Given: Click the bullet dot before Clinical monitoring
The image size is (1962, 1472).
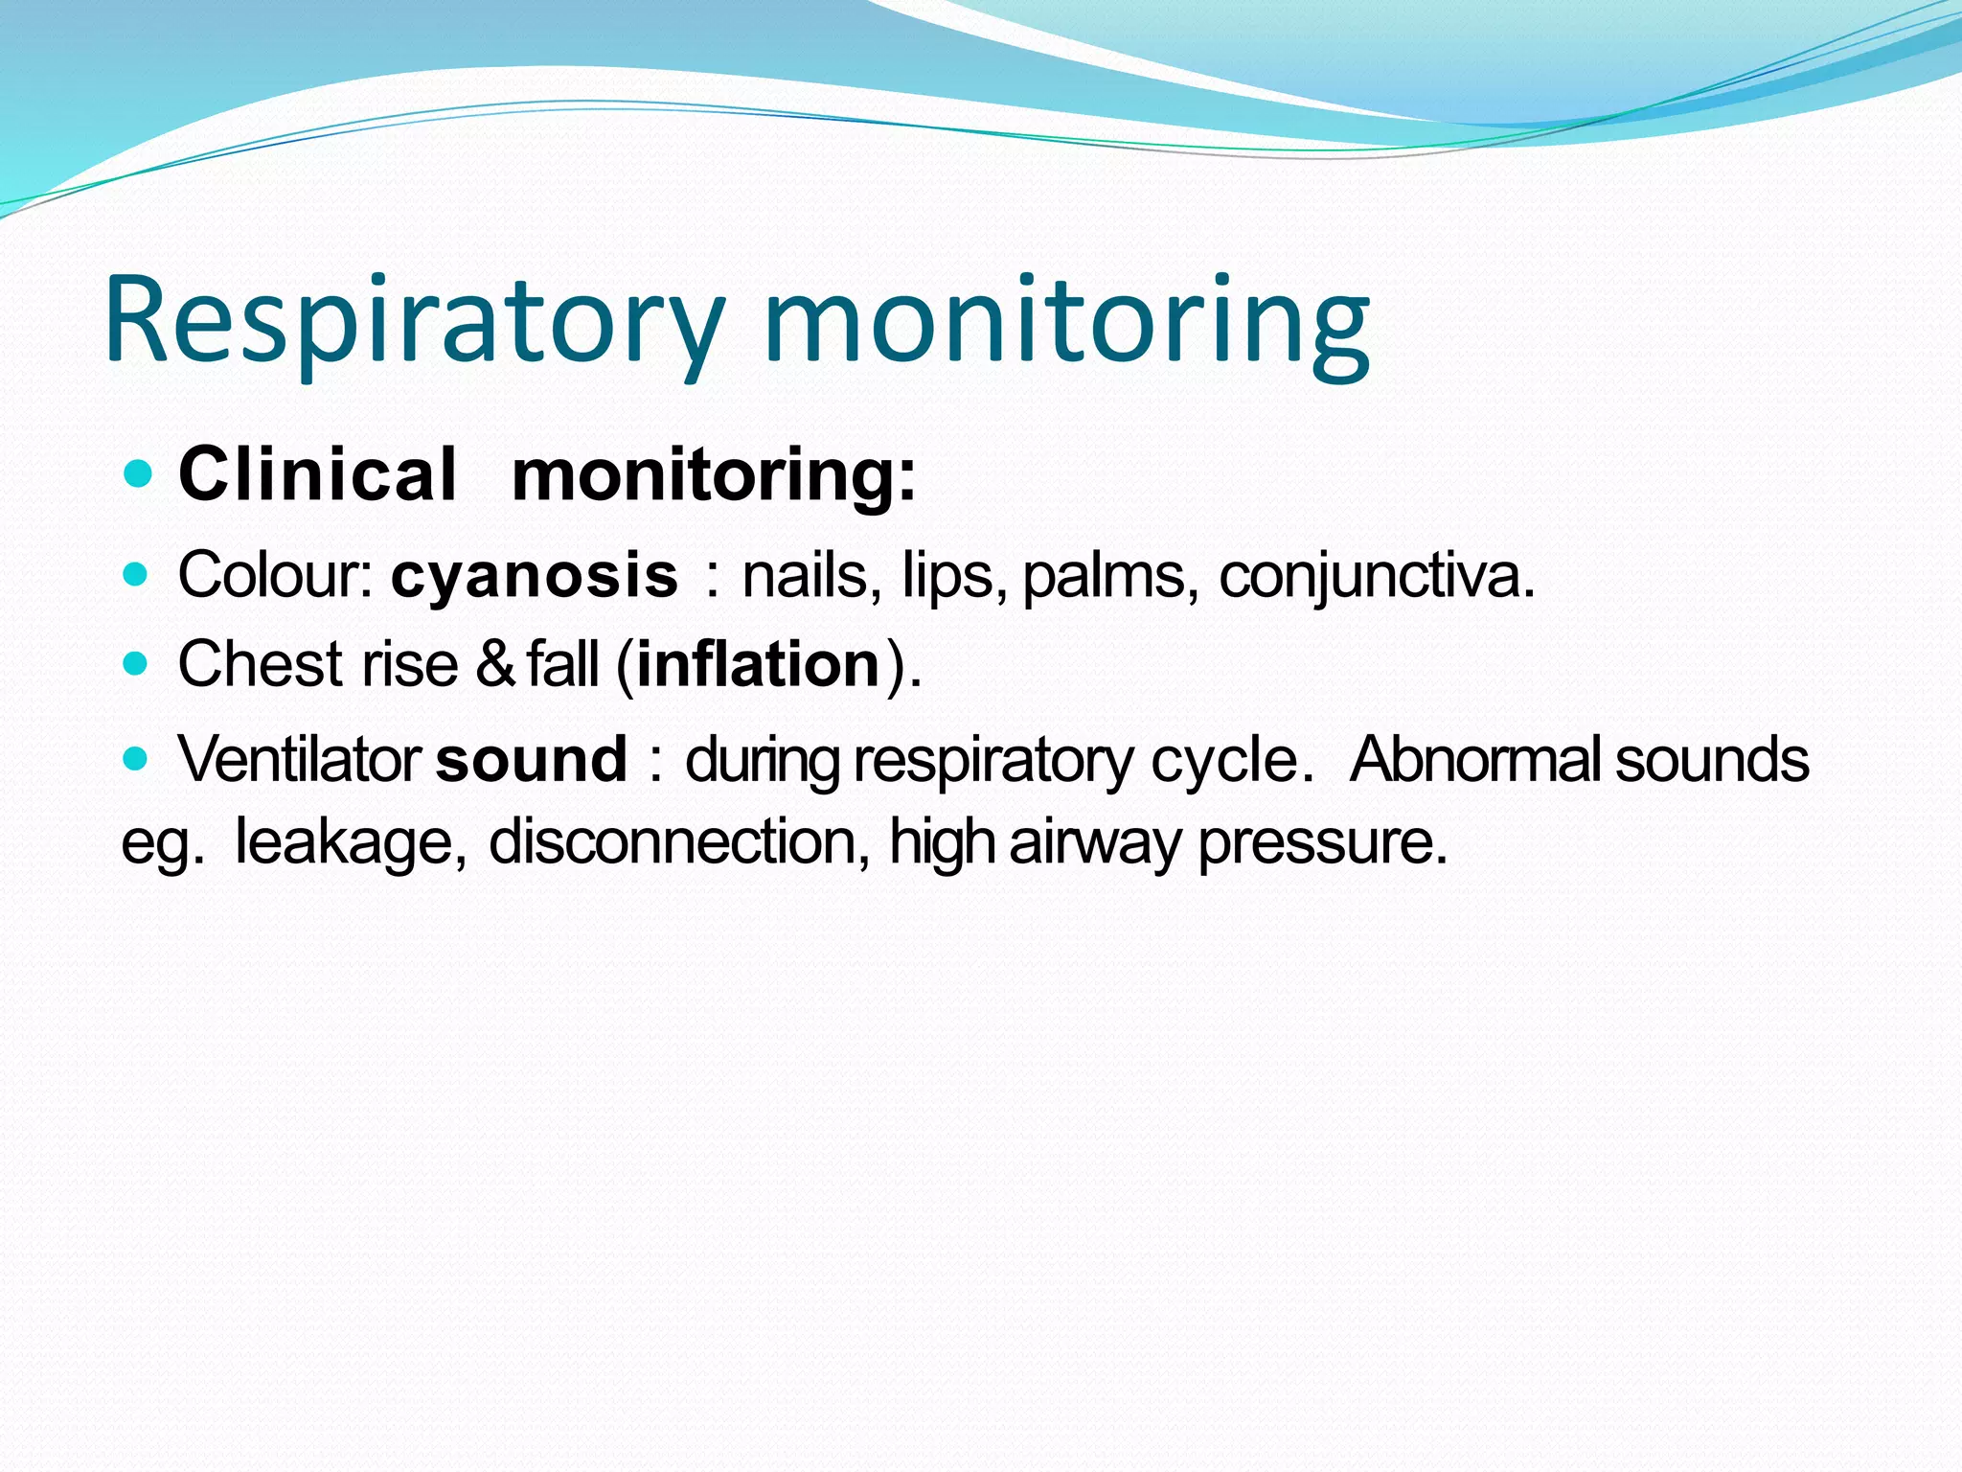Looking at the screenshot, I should point(139,473).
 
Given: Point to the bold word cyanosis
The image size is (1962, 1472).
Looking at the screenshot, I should point(535,576).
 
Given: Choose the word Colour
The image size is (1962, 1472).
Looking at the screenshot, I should point(274,576).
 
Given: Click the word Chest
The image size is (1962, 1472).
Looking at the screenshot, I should point(260,664).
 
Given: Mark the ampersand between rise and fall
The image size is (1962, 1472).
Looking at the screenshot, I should point(495,664).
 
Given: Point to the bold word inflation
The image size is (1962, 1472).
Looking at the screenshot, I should point(758,664).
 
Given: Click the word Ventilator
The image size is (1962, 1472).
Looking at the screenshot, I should point(299,759).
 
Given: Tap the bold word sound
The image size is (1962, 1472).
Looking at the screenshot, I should point(532,759).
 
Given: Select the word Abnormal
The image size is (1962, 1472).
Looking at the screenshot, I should point(1475,759).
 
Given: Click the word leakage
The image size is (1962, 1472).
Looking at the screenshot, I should point(350,842).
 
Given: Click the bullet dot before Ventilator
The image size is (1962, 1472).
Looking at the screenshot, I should point(137,759).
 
